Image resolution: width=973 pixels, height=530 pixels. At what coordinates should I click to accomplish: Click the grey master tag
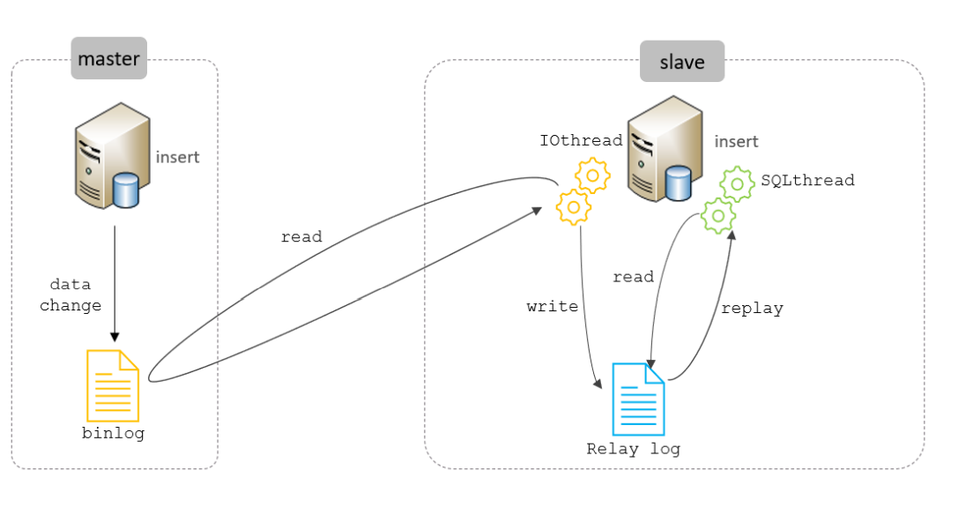point(108,59)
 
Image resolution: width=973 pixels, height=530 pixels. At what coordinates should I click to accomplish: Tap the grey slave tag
point(682,62)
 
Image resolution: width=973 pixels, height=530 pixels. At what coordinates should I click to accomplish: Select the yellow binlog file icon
point(113,385)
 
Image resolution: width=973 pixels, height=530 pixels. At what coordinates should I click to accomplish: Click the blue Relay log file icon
point(638,399)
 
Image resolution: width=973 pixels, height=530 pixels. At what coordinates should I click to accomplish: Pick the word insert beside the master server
point(178,158)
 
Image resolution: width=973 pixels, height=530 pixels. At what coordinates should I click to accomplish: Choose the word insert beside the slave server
point(736,142)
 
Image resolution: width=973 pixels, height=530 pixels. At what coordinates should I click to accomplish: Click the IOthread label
point(581,140)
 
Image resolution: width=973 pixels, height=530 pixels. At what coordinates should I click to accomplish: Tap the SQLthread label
point(807,180)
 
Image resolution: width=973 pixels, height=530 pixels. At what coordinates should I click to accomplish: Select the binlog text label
point(113,433)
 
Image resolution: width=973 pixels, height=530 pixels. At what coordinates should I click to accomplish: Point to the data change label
point(71,295)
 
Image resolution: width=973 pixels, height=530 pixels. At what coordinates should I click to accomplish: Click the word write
point(553,307)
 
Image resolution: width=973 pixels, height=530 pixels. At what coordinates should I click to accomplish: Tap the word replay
point(752,309)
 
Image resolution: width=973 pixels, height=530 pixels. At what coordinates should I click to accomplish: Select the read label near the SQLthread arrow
point(633,277)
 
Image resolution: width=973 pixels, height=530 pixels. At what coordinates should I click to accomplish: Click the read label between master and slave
point(301,237)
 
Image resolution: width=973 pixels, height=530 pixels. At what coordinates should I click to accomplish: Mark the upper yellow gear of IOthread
point(592,176)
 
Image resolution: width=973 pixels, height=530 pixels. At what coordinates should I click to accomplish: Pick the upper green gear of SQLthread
point(737,184)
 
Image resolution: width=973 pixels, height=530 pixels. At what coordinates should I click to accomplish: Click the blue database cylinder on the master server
point(126,190)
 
